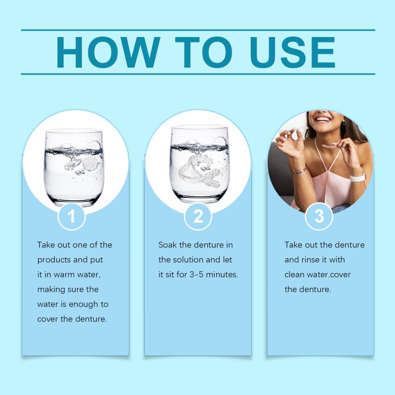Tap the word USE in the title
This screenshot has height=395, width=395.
[x=292, y=52]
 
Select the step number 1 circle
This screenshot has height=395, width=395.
[x=72, y=216]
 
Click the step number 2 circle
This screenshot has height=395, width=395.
[x=198, y=216]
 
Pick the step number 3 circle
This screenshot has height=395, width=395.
[x=319, y=216]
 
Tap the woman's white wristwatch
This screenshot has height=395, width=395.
[x=358, y=177]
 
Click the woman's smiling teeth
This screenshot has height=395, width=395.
[x=324, y=118]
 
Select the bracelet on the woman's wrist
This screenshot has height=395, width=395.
[x=300, y=170]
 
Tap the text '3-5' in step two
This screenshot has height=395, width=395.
[x=196, y=275]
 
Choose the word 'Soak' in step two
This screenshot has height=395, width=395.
[x=167, y=245]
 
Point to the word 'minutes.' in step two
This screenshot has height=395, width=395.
[x=222, y=275]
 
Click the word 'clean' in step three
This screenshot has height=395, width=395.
[x=294, y=275]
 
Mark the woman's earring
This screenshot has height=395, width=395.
[x=344, y=122]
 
